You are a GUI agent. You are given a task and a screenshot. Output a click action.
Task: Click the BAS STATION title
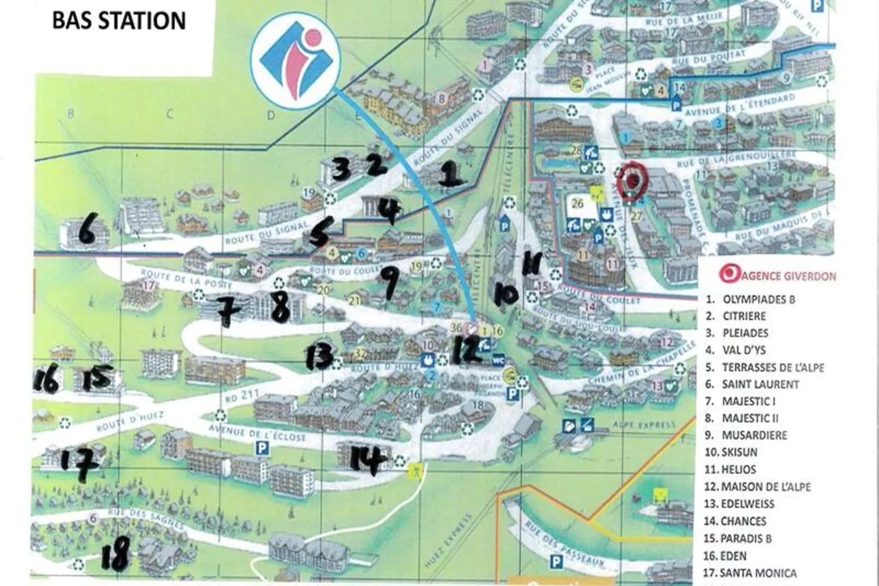[119, 21]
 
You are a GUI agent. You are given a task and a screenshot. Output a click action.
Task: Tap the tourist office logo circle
[296, 59]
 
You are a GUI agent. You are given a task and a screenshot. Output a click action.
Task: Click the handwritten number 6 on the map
[87, 229]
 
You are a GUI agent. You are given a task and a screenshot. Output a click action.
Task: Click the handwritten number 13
[319, 357]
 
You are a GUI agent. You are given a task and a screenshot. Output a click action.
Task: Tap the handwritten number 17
[80, 463]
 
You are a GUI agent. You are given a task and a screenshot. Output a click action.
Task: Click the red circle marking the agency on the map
[633, 179]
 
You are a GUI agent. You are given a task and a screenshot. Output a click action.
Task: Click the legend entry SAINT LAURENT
[760, 384]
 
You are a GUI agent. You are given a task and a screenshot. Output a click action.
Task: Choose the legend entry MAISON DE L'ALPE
[766, 486]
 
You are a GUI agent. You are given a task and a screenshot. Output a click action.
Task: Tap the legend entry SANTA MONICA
[758, 573]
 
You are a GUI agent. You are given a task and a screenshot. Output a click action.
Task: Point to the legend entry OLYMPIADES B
[759, 300]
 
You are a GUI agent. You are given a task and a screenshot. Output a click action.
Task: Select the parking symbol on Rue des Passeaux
[556, 561]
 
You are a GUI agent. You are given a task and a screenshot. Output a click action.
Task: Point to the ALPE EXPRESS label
[644, 424]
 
